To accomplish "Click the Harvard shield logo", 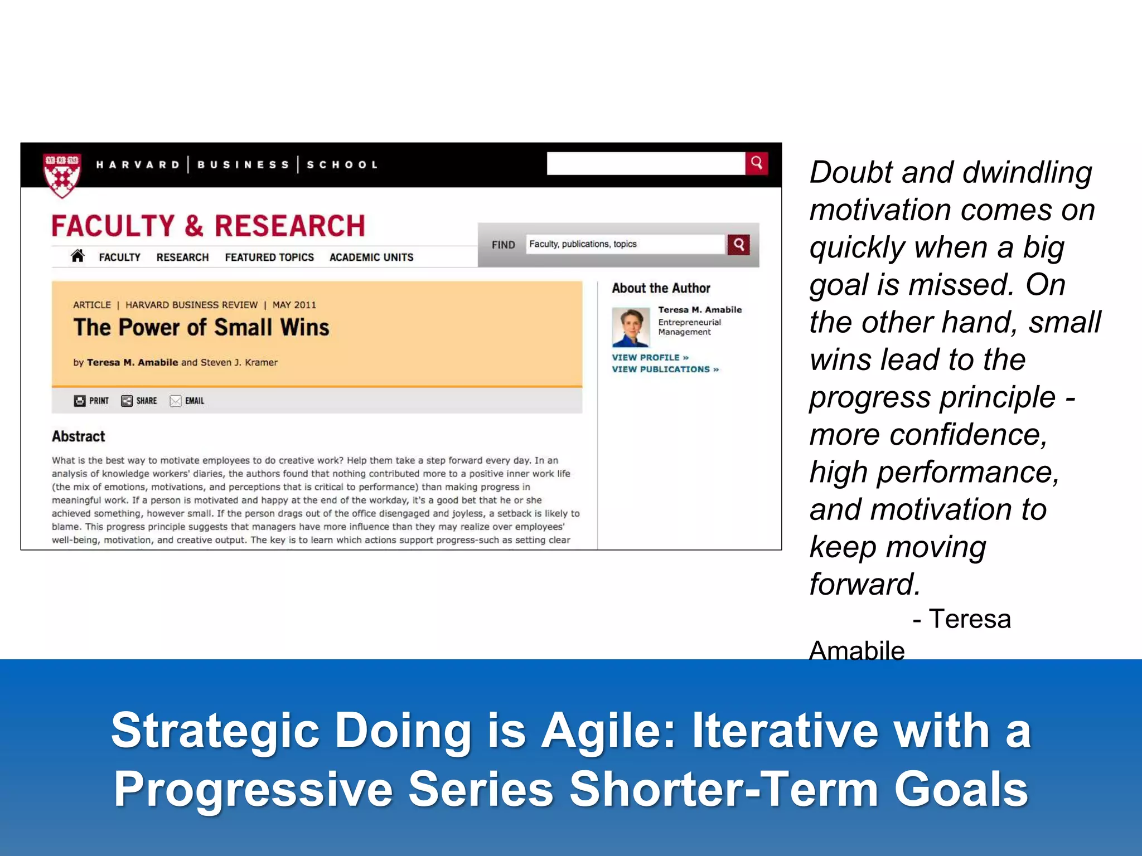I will pyautogui.click(x=62, y=174).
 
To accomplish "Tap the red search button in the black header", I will pyautogui.click(x=756, y=163).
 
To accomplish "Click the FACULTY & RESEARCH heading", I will pyautogui.click(x=208, y=226).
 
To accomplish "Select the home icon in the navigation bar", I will pyautogui.click(x=78, y=256).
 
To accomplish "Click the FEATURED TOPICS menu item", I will pyautogui.click(x=269, y=257).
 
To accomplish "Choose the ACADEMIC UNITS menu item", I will pyautogui.click(x=371, y=257).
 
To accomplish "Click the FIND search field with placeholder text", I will pyautogui.click(x=625, y=244).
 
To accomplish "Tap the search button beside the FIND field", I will pyautogui.click(x=738, y=244).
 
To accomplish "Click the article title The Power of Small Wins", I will pyautogui.click(x=201, y=328).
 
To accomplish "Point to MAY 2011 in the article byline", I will pyautogui.click(x=294, y=305).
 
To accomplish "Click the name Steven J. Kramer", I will pyautogui.click(x=239, y=362).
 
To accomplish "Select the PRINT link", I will pyautogui.click(x=91, y=401).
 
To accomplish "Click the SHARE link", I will pyautogui.click(x=139, y=401).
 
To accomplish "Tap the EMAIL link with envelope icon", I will pyautogui.click(x=187, y=401).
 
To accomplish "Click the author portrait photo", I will pyautogui.click(x=631, y=327).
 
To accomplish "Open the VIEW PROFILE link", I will pyautogui.click(x=650, y=357).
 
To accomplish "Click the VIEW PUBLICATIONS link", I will pyautogui.click(x=665, y=369).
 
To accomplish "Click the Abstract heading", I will pyautogui.click(x=78, y=436).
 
